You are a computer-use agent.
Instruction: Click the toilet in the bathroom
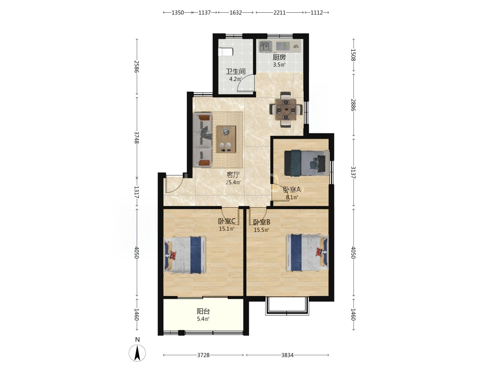coord(226,52)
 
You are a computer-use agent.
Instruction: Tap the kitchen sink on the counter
coord(265,46)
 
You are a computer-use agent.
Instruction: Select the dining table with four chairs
coord(286,110)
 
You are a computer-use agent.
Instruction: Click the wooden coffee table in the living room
coord(226,140)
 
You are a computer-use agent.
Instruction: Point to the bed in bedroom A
coord(307,163)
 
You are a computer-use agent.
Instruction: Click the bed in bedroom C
coord(185,255)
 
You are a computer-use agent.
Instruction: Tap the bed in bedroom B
coord(307,252)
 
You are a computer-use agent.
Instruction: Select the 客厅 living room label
coord(233,175)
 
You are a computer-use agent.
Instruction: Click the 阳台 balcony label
coord(203,311)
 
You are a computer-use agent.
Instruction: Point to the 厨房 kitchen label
coord(279,57)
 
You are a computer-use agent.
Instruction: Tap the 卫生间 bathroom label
coord(235,71)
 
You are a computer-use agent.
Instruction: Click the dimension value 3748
coord(136,137)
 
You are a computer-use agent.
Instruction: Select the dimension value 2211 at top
coord(279,13)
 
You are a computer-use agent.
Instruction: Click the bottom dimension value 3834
coord(287,355)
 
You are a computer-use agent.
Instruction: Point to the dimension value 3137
coord(353,172)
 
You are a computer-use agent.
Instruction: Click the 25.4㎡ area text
coord(233,182)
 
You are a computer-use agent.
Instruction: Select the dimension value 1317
coord(136,192)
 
